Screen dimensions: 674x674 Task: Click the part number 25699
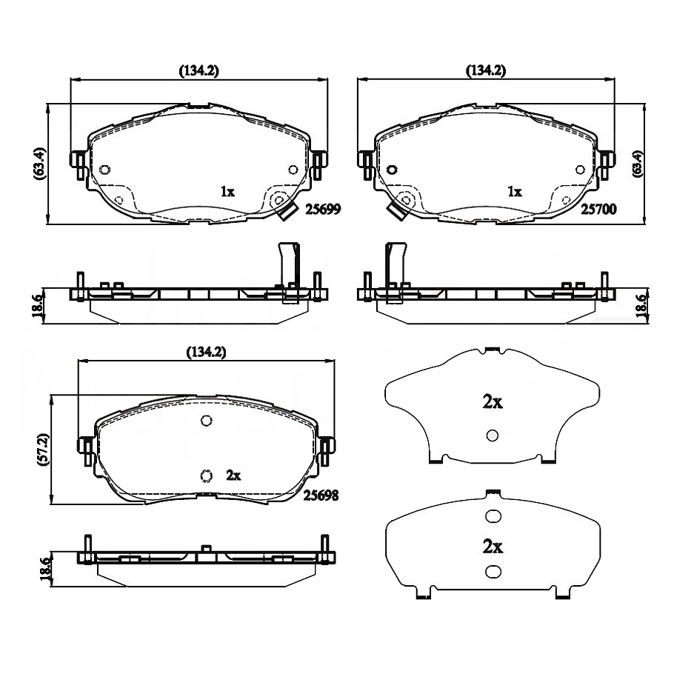point(323,209)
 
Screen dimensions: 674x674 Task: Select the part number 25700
point(598,209)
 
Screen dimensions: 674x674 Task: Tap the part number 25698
point(321,496)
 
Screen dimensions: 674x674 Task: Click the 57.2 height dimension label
point(44,450)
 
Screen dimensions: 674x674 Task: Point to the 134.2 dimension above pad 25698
point(206,353)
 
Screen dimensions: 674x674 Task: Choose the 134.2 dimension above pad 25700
point(486,70)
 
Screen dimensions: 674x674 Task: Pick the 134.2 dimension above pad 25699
point(198,70)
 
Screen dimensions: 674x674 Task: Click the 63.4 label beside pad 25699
point(39,164)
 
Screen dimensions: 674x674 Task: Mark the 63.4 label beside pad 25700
point(637,164)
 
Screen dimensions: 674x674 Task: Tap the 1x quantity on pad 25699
point(227,191)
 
